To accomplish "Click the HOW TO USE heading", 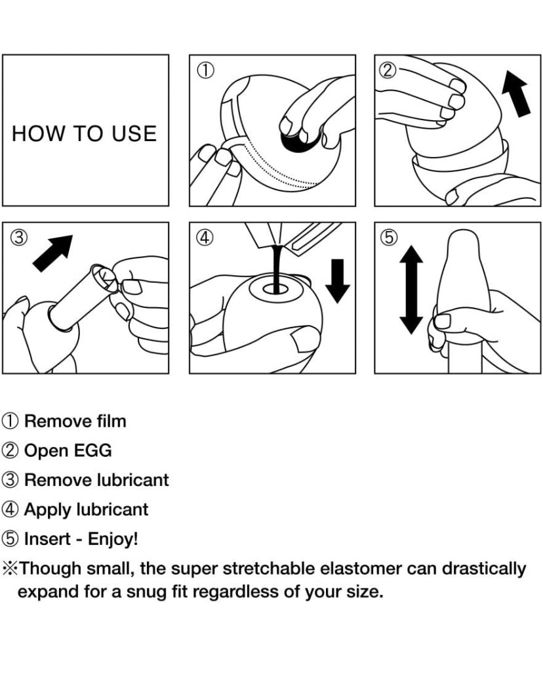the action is pyautogui.click(x=84, y=133).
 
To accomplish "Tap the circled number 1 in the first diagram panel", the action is pyautogui.click(x=205, y=70).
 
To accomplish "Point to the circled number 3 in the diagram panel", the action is pyautogui.click(x=20, y=237).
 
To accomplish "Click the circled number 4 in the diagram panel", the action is pyautogui.click(x=205, y=237).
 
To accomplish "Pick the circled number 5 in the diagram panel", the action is pyautogui.click(x=390, y=237).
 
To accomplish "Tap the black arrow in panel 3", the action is pyautogui.click(x=52, y=253).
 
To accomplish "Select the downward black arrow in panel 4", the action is pyautogui.click(x=338, y=280).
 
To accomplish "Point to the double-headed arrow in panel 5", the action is pyautogui.click(x=411, y=290).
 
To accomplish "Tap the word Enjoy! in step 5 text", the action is pyautogui.click(x=113, y=539).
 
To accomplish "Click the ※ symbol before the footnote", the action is pyautogui.click(x=10, y=569).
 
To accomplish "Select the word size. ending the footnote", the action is pyautogui.click(x=365, y=592).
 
